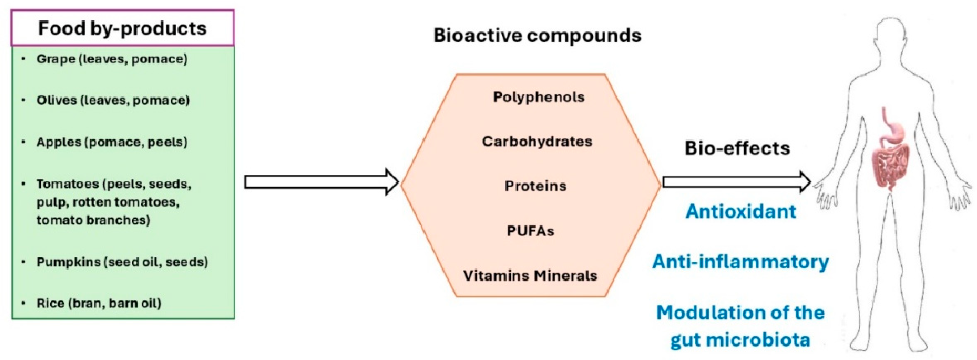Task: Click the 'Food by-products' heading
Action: click(122, 28)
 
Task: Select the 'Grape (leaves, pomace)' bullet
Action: click(112, 59)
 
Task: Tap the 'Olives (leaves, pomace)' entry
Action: click(113, 100)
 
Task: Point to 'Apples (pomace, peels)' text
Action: click(112, 142)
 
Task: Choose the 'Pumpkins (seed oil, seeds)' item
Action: click(122, 262)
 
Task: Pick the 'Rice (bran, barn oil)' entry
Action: click(99, 303)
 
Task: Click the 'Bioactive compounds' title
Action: click(537, 35)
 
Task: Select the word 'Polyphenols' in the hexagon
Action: click(538, 97)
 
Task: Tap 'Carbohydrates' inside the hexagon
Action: click(537, 142)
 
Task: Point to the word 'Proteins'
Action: click(535, 186)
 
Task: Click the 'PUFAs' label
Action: click(531, 231)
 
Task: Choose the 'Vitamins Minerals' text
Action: click(530, 276)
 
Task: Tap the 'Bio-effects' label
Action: click(737, 148)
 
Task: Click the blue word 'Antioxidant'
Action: click(740, 211)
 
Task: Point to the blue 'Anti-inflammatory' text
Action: click(740, 262)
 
